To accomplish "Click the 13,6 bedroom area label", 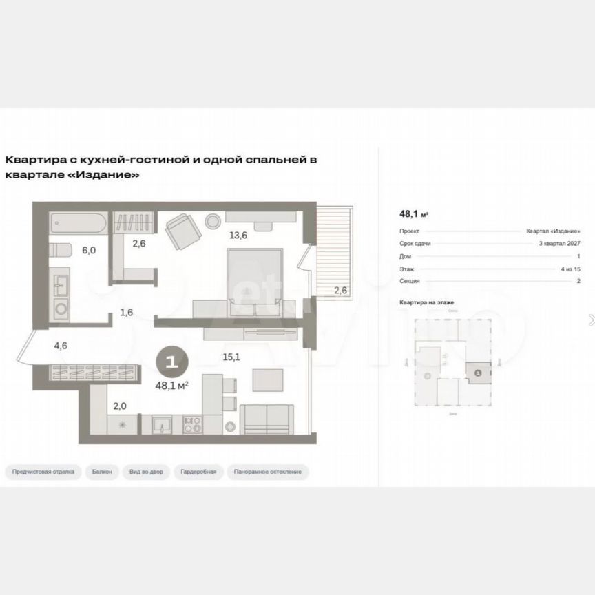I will click(x=238, y=235).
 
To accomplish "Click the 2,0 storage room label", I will click(x=118, y=406).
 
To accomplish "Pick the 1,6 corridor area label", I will click(x=126, y=312).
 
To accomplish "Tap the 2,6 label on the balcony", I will click(x=340, y=290).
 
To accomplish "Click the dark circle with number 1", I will click(x=172, y=359).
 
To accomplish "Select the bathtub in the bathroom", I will click(x=77, y=222).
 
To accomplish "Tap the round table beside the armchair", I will click(x=213, y=221).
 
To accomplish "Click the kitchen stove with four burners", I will click(x=191, y=424).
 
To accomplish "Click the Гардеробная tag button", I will click(x=198, y=472).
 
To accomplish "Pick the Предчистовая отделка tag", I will click(x=43, y=472).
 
